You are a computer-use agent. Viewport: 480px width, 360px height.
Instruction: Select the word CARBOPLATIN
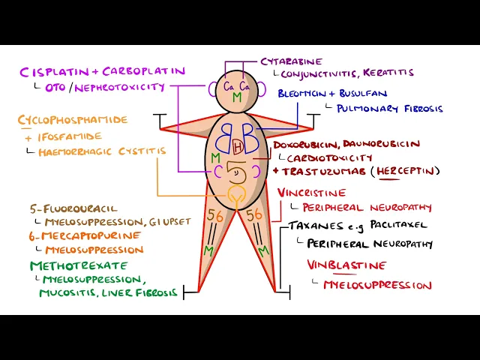click(x=142, y=72)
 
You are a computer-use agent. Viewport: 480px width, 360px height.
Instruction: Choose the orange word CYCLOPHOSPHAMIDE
click(x=73, y=120)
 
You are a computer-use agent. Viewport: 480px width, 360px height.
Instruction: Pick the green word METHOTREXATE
click(x=69, y=265)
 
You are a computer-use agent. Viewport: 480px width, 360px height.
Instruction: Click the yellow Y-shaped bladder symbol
click(x=237, y=197)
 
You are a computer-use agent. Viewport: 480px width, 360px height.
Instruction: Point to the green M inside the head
click(x=237, y=98)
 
